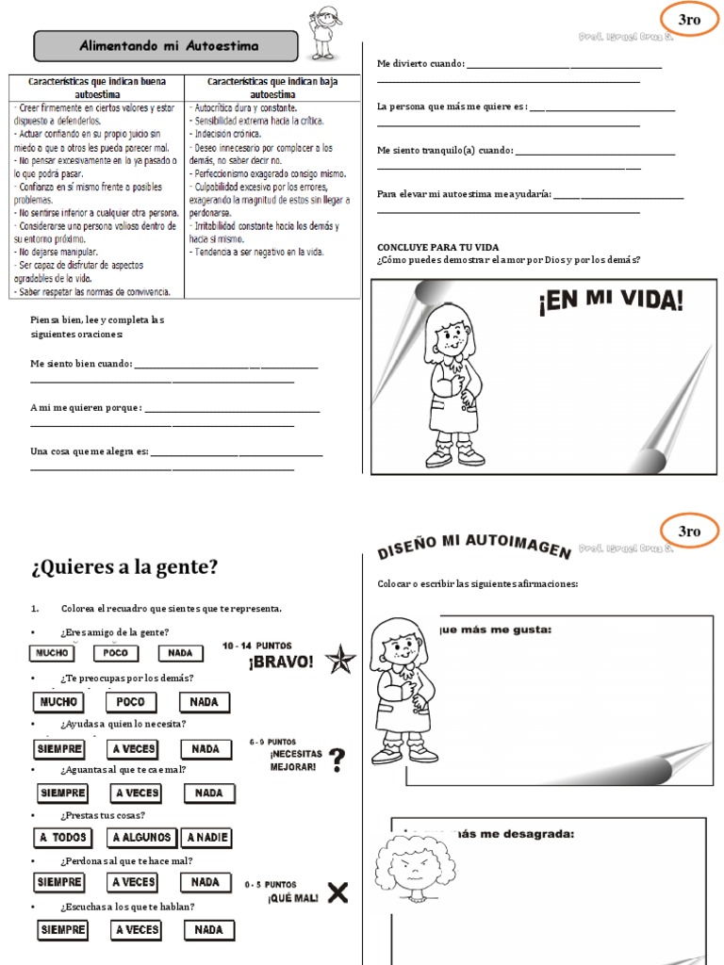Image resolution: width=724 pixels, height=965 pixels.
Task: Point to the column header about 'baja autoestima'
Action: tap(271, 89)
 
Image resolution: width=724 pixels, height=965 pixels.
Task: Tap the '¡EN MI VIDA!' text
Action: tap(611, 303)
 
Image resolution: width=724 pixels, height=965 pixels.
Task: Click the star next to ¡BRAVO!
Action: tap(339, 659)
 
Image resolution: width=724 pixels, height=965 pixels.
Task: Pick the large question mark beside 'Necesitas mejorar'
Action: tap(337, 760)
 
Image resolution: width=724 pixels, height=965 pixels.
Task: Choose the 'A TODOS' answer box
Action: tap(62, 837)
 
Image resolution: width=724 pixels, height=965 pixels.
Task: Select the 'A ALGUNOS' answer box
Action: tap(141, 837)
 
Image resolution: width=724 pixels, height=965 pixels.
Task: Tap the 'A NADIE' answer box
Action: tap(207, 837)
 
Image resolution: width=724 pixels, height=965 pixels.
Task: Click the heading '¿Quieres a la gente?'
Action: tap(124, 566)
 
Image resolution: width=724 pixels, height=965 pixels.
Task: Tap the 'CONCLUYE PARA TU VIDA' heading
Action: tap(437, 247)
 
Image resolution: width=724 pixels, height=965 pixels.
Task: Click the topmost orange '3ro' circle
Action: tap(690, 19)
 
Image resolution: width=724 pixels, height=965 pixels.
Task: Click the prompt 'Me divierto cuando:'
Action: tap(420, 63)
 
